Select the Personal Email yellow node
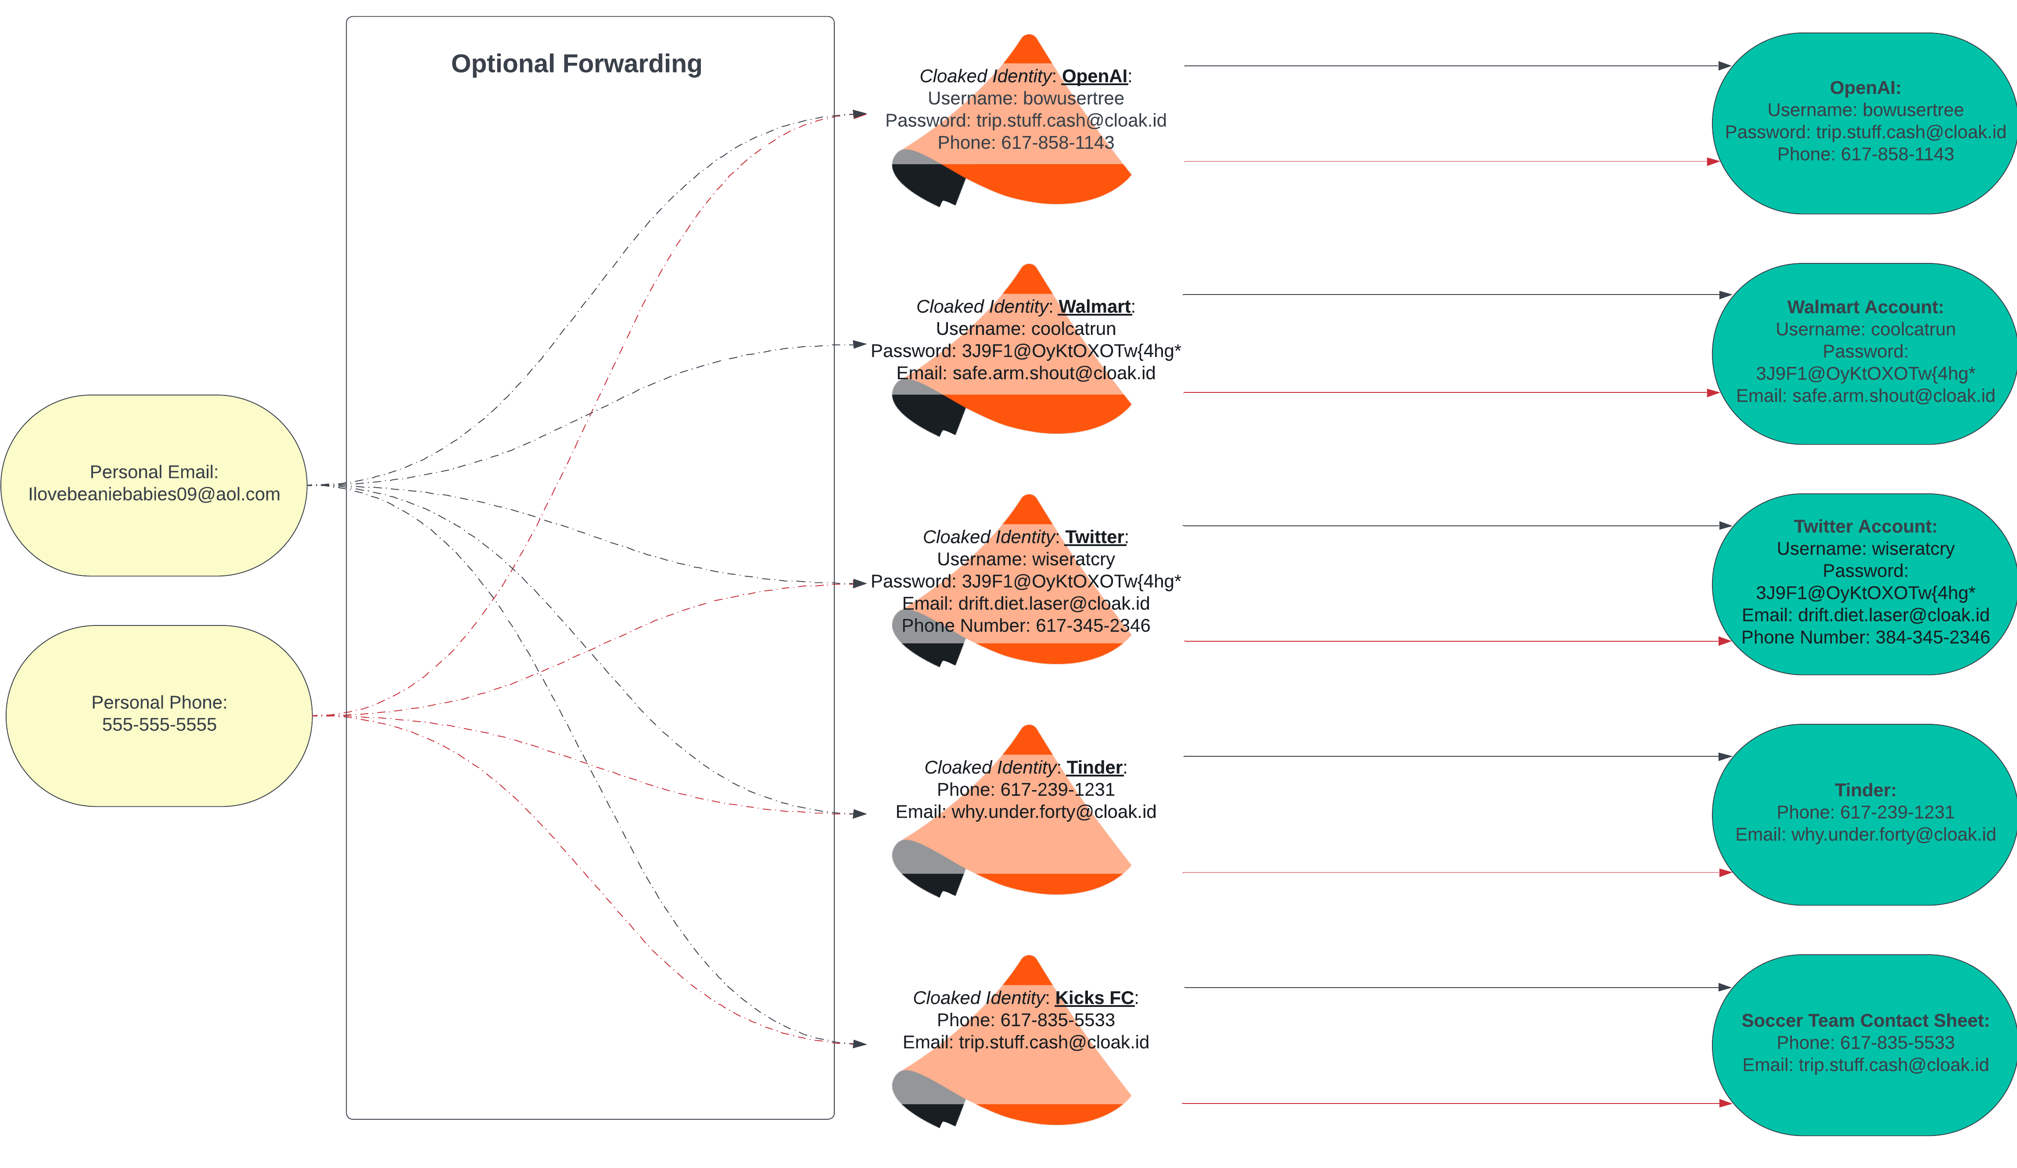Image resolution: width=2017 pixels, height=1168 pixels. (154, 485)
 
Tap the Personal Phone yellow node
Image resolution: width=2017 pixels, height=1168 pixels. (159, 716)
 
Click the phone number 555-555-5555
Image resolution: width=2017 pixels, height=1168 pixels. (159, 725)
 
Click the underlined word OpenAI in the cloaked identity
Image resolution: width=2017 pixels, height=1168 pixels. (1094, 76)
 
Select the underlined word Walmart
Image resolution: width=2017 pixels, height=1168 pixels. (1094, 307)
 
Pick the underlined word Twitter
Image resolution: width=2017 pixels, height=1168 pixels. (1094, 537)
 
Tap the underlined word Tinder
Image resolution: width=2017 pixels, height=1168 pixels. (1094, 768)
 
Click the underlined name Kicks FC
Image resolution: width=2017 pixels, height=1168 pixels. (1094, 998)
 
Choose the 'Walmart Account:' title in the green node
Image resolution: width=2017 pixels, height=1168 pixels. (1865, 307)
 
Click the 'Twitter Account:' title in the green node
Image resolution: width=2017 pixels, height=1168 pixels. (1865, 527)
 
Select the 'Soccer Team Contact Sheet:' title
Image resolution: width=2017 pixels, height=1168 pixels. (1865, 1021)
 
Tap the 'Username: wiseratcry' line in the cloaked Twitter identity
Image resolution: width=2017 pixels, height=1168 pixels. (1025, 560)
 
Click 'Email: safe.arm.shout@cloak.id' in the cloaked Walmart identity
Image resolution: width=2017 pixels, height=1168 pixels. (1025, 373)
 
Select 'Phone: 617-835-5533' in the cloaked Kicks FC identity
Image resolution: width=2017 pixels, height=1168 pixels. (1025, 1021)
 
